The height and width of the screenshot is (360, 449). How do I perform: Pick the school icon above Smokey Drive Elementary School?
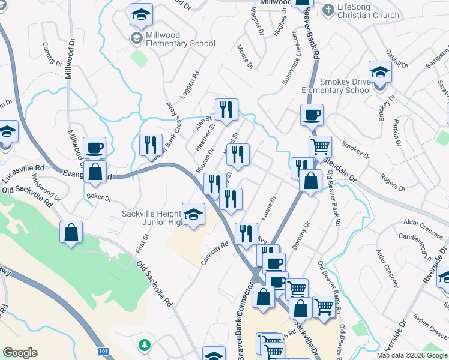coord(379,73)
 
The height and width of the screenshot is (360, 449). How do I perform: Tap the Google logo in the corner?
coord(20,353)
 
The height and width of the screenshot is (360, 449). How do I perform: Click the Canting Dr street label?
coord(53,54)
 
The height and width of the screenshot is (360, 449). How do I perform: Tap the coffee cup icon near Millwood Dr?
coord(95,147)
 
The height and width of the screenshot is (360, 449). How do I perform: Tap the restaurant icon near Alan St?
coord(226,109)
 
